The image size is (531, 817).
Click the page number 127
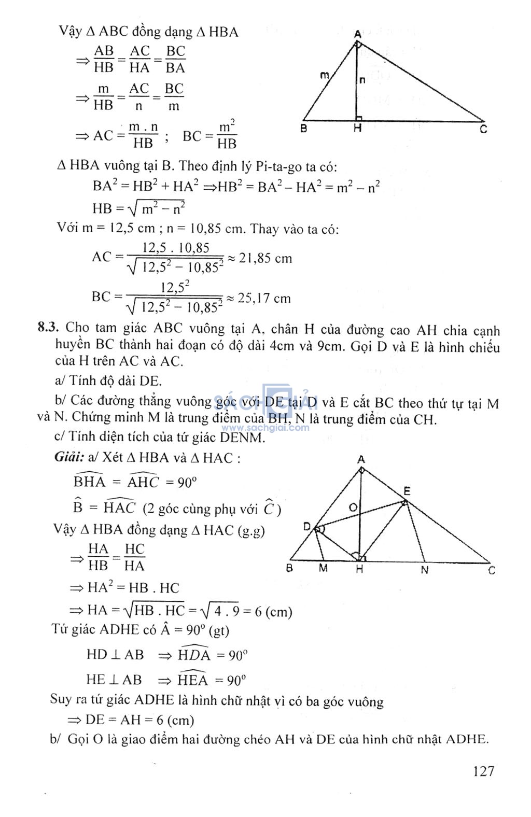pyautogui.click(x=483, y=771)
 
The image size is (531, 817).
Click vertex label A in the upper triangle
pyautogui.click(x=358, y=34)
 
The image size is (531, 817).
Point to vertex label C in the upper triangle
pyautogui.click(x=483, y=129)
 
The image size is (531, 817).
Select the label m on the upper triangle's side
pyautogui.click(x=325, y=75)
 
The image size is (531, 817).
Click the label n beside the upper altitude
pyautogui.click(x=362, y=80)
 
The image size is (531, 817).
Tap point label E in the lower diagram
pyautogui.click(x=407, y=491)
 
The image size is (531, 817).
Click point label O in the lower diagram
pyautogui.click(x=353, y=507)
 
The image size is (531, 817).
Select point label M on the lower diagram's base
pyautogui.click(x=323, y=569)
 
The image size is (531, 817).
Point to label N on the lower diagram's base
pyautogui.click(x=425, y=570)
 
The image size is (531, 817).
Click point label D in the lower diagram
pyautogui.click(x=307, y=527)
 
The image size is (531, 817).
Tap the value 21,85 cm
pyautogui.click(x=265, y=258)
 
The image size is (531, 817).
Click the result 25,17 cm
pyautogui.click(x=264, y=298)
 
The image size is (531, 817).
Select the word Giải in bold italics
pyautogui.click(x=69, y=457)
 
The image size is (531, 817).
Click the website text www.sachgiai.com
pyautogui.click(x=265, y=428)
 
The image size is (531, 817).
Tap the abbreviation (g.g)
pyautogui.click(x=251, y=530)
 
